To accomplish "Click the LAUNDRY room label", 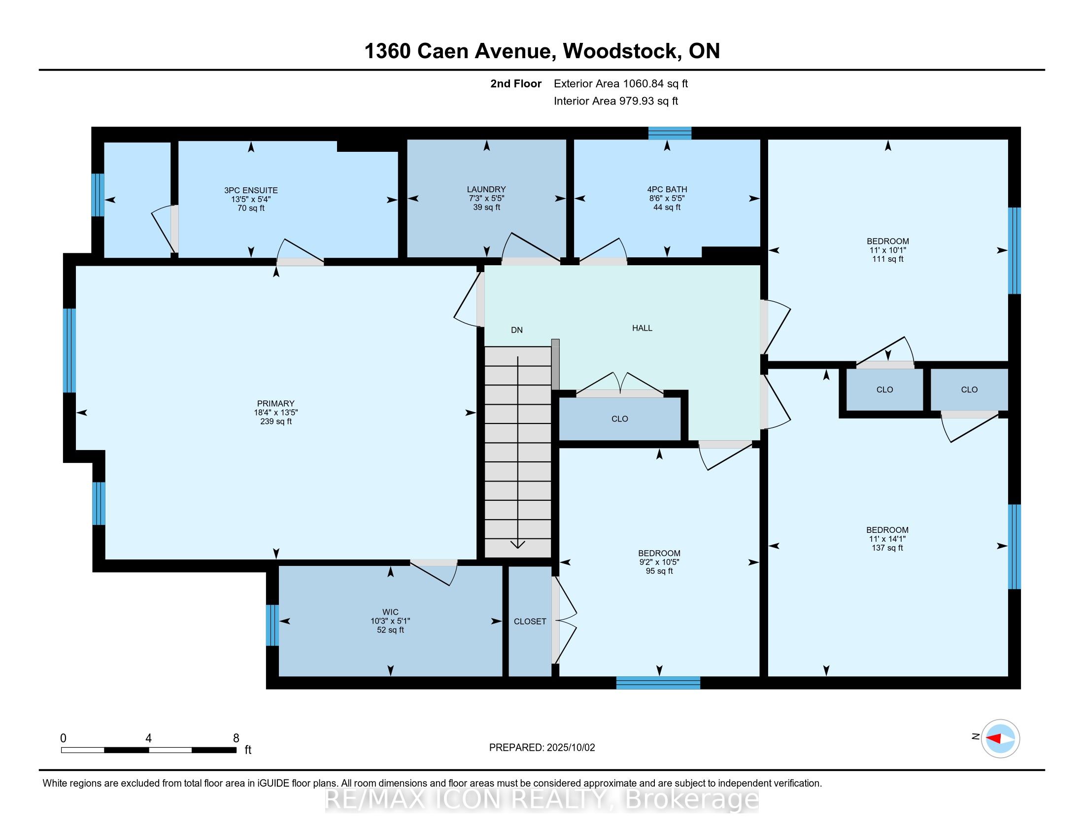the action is [x=486, y=189].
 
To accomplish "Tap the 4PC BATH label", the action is [x=667, y=189].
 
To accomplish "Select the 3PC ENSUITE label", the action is [x=251, y=190].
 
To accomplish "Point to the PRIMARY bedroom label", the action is [x=276, y=404].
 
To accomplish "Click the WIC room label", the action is [x=391, y=612].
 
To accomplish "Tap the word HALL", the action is [x=642, y=328].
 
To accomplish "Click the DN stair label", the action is [x=517, y=330].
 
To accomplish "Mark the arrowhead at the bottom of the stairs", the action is [x=518, y=545].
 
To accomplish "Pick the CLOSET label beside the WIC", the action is [x=530, y=622].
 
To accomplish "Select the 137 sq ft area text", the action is [x=887, y=548].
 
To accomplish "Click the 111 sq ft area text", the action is [x=888, y=259].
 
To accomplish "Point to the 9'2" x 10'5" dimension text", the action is [x=659, y=562].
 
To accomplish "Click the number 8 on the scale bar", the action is [x=236, y=738].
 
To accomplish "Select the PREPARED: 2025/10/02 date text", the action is [x=542, y=748].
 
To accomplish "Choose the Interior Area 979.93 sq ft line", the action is [x=616, y=101].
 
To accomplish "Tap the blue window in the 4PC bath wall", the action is [x=670, y=133].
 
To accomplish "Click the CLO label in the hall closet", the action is [x=620, y=419].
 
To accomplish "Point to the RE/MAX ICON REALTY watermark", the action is [x=542, y=800].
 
